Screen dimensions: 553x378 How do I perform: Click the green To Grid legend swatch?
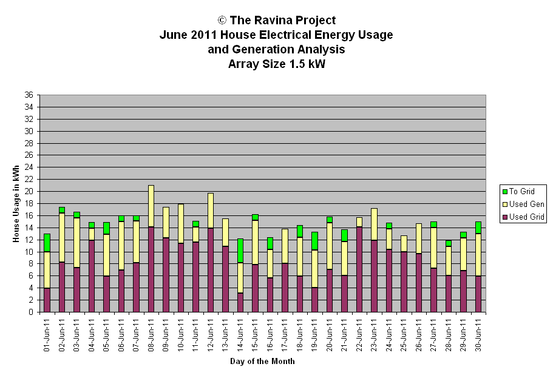click(504, 192)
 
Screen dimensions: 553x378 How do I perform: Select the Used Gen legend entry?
click(523, 204)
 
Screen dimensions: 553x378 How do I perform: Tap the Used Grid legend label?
click(527, 217)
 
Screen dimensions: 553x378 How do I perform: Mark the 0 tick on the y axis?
click(31, 312)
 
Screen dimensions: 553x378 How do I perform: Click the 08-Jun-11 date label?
click(151, 336)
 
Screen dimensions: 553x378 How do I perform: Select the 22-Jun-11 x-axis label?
click(359, 336)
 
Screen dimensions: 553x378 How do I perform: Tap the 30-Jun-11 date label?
click(478, 336)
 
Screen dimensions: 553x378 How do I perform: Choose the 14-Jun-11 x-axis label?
click(240, 336)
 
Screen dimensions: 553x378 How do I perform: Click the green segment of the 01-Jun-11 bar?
click(47, 243)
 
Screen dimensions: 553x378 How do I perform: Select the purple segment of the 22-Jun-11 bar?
click(359, 269)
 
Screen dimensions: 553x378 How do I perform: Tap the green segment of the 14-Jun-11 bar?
click(240, 251)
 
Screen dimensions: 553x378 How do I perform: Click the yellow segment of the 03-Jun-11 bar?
click(76, 243)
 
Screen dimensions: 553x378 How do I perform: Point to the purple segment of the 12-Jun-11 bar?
click(211, 270)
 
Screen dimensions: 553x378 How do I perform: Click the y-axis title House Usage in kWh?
click(16, 204)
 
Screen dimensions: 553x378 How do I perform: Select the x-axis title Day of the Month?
click(262, 361)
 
